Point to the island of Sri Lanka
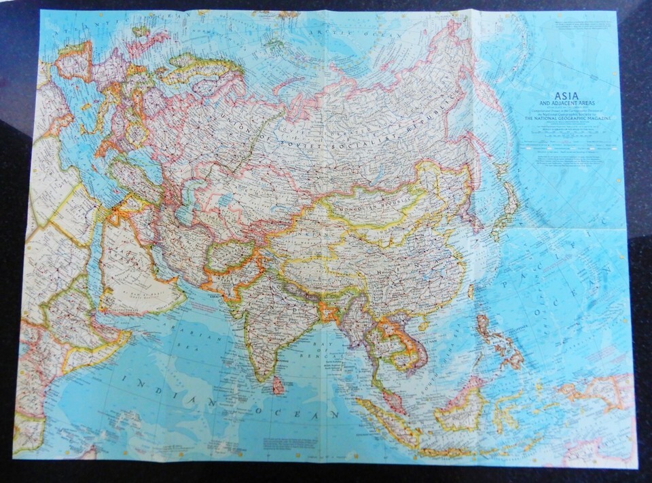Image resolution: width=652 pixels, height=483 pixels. point(278,386)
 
